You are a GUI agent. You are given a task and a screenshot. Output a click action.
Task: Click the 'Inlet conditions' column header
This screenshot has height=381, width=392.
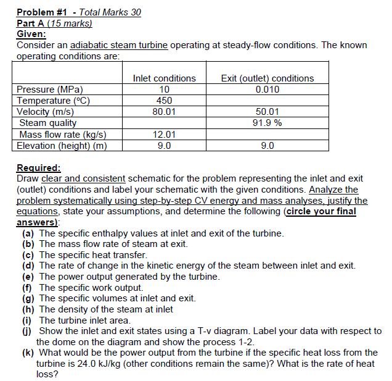point(164,78)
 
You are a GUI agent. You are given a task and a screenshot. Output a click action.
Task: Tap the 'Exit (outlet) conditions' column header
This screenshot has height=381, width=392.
point(267,78)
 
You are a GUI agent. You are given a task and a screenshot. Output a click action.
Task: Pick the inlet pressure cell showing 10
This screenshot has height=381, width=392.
point(164,90)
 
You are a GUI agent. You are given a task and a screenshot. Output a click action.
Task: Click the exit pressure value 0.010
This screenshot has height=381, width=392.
point(267,90)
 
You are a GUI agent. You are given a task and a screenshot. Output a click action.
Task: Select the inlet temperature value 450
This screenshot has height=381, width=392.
point(164,101)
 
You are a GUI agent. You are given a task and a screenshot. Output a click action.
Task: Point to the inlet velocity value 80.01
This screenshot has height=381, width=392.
point(164,112)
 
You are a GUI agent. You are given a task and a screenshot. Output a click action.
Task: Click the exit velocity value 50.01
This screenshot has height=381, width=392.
point(267,112)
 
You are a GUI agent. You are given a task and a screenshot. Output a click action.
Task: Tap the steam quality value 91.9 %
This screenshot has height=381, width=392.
point(267,123)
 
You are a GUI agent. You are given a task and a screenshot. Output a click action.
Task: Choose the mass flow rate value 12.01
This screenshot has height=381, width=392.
point(164,134)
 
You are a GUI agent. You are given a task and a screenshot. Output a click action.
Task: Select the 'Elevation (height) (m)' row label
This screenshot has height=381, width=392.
point(62,146)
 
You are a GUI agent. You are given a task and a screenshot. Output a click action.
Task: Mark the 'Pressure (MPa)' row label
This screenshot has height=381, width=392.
point(50,90)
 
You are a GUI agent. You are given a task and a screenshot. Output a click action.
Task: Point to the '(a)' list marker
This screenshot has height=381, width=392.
point(28,233)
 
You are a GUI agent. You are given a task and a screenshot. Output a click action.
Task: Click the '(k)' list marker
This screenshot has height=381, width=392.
point(28,353)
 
